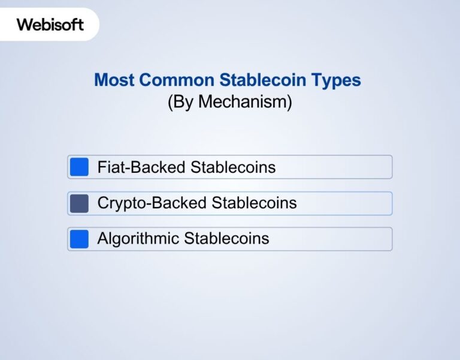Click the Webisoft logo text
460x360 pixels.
(50, 25)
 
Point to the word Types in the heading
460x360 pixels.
(338, 80)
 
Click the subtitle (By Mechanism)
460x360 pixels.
(229, 102)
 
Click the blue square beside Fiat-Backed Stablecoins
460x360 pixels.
(79, 167)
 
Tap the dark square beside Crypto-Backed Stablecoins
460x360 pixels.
(79, 203)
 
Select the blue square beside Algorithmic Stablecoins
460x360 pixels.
(79, 239)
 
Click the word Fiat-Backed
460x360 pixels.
(141, 167)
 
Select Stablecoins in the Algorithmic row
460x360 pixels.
(226, 239)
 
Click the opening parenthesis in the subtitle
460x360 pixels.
(170, 102)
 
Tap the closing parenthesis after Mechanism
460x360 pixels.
(289, 102)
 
